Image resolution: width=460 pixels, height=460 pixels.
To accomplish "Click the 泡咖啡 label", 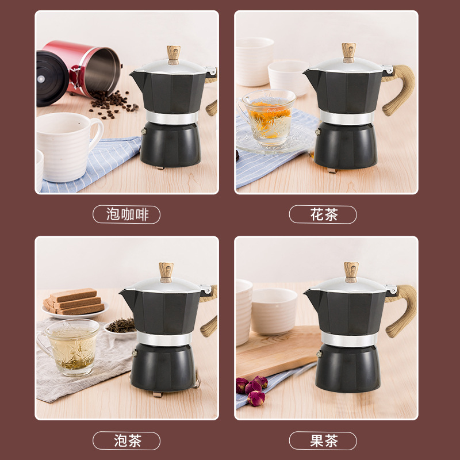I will [x=126, y=215].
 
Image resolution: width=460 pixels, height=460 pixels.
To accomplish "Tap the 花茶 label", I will [x=323, y=215].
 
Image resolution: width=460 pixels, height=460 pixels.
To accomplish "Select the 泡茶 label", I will [x=126, y=441].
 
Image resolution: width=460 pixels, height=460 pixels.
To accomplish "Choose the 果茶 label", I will [x=323, y=441].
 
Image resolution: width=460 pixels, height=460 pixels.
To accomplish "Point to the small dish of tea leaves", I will [x=120, y=327].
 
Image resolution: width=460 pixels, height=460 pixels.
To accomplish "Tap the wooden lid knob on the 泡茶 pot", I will [x=166, y=271].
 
